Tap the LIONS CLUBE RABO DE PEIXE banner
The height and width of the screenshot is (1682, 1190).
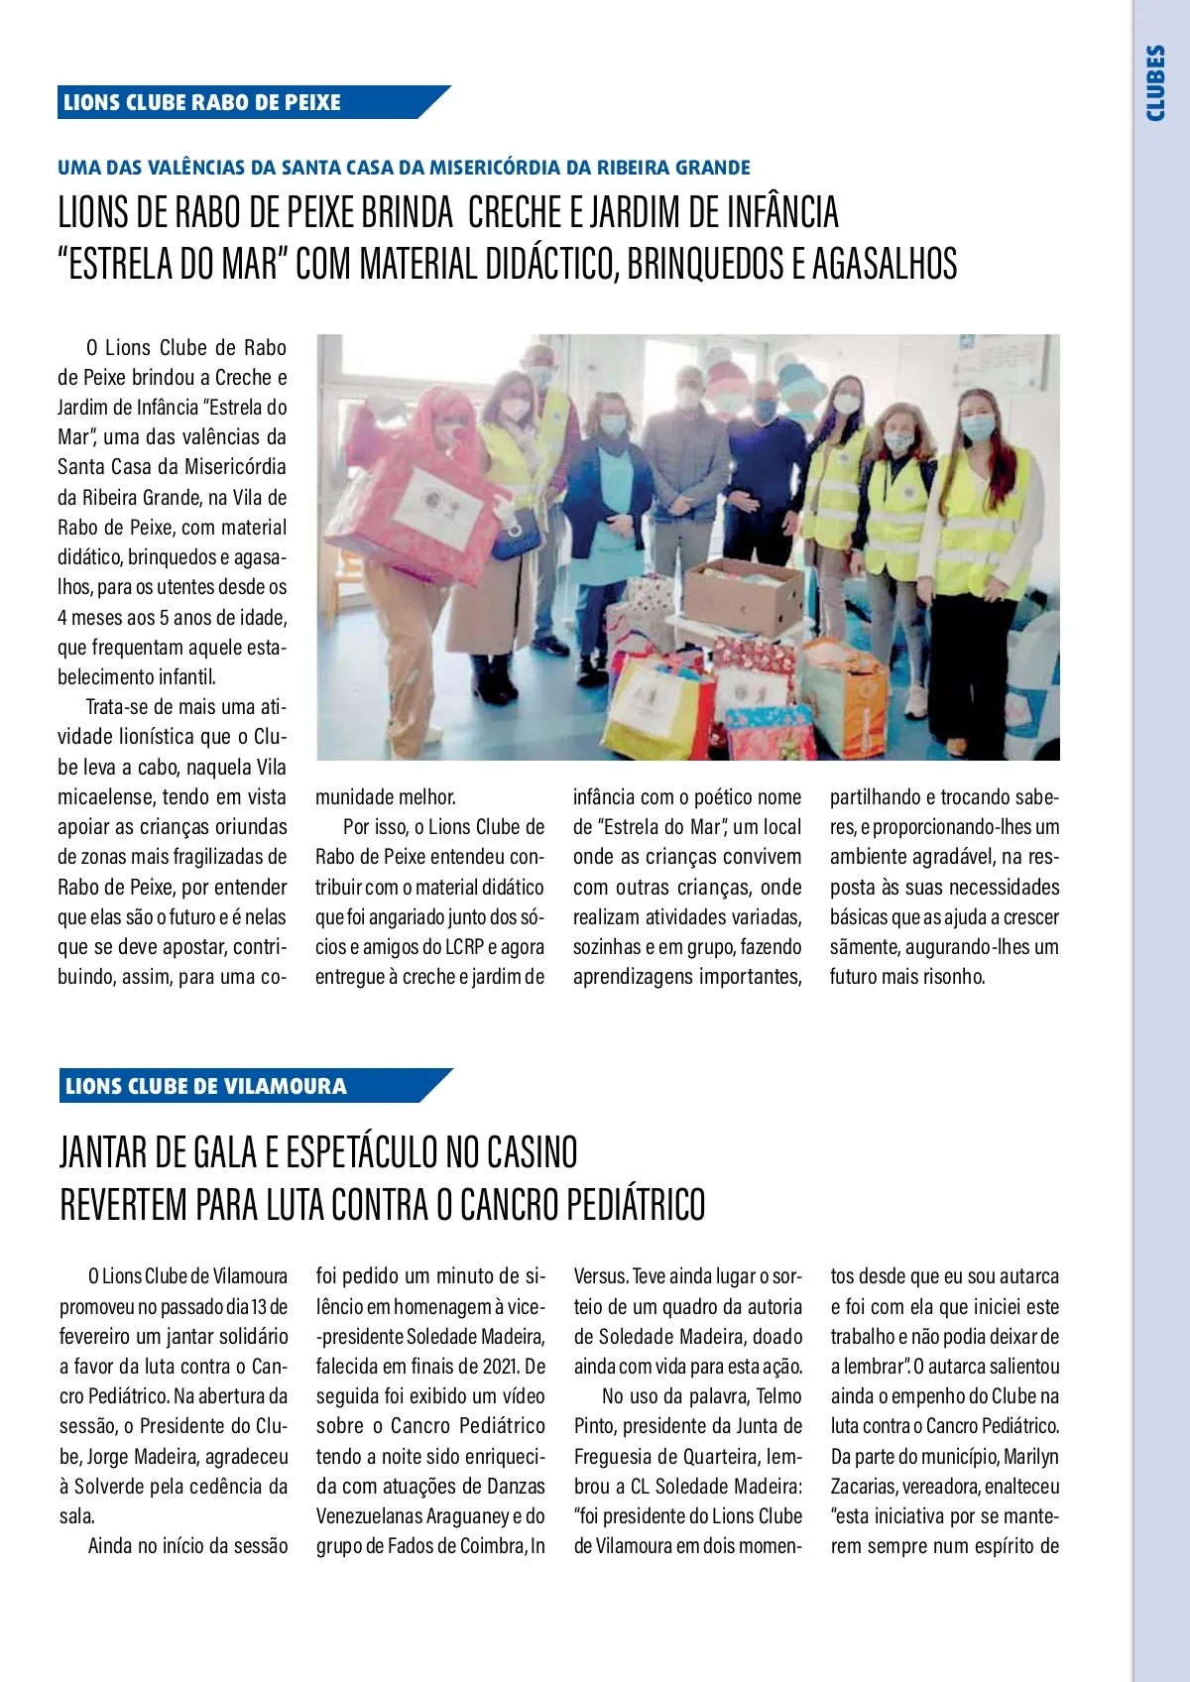[x=202, y=102]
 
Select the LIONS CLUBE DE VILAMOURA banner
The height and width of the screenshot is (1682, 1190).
[x=206, y=1086]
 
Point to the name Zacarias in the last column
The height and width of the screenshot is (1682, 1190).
[x=866, y=1487]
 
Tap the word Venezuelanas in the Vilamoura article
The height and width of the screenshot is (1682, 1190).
[x=370, y=1516]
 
